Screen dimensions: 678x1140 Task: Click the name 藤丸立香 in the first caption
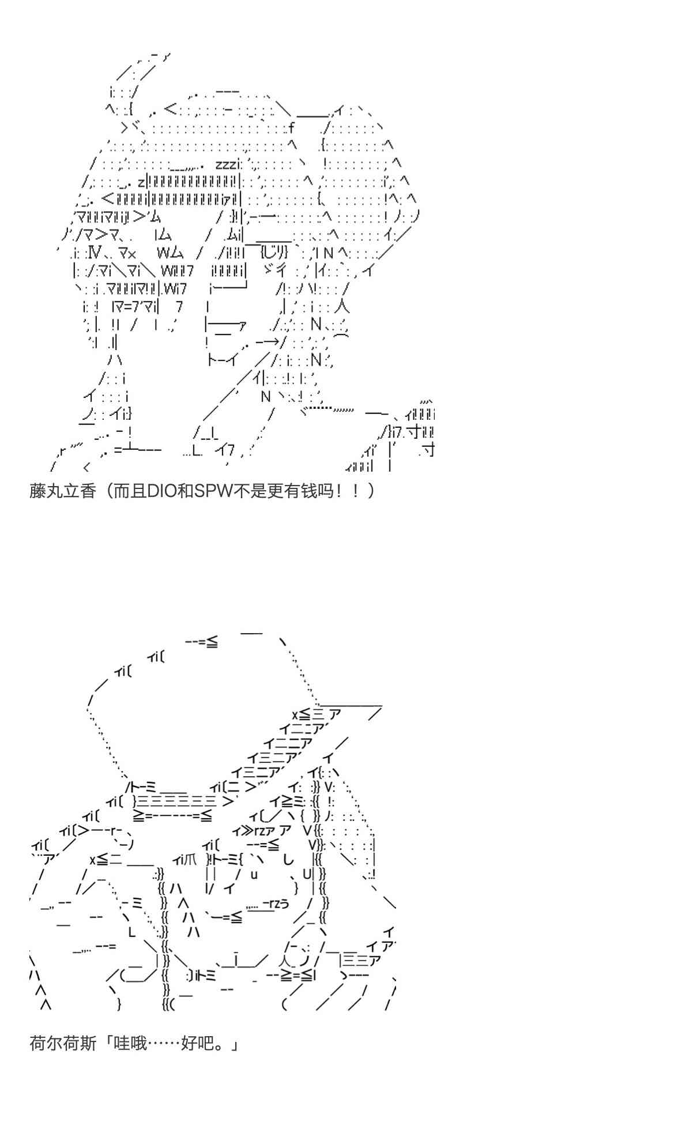pyautogui.click(x=62, y=491)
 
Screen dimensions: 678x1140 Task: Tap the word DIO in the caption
pyautogui.click(x=164, y=491)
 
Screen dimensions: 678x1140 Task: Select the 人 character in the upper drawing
pyautogui.click(x=341, y=306)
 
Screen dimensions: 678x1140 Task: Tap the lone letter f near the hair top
pyautogui.click(x=291, y=127)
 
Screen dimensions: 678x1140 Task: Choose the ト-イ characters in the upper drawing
pyautogui.click(x=223, y=360)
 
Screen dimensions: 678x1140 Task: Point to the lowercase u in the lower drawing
pyautogui.click(x=254, y=875)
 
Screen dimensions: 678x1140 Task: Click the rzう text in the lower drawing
pyautogui.click(x=276, y=904)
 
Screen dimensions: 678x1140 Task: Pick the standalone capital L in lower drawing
pyautogui.click(x=131, y=932)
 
